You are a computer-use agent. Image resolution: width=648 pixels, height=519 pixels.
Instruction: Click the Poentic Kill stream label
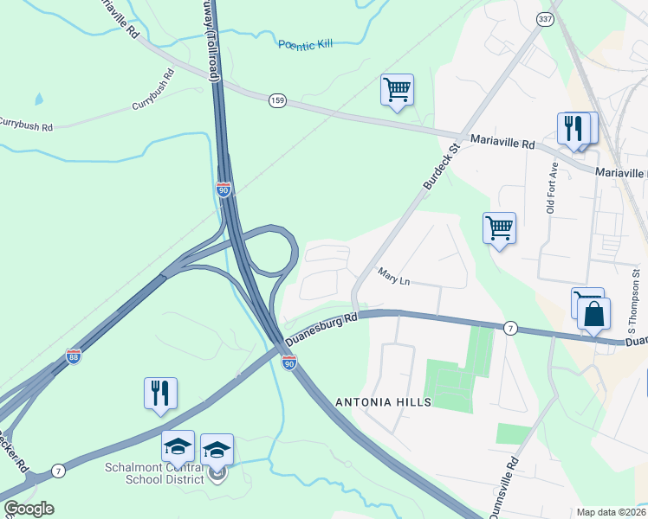pos(305,45)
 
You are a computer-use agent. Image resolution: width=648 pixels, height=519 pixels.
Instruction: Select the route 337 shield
pos(544,18)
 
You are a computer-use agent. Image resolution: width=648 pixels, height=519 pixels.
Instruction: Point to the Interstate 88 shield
pos(74,356)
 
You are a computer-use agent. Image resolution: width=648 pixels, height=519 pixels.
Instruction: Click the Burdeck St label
pos(440,167)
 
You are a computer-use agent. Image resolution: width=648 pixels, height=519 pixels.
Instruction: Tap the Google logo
pos(29,509)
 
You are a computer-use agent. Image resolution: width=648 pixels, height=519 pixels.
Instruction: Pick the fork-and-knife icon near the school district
pos(160,393)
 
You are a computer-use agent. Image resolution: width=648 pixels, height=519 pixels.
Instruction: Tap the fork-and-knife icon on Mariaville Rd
pos(573,129)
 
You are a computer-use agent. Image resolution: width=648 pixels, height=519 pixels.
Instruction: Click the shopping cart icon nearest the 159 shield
pos(397,89)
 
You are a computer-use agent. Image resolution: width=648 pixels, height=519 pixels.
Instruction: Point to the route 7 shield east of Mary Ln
pos(511,328)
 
